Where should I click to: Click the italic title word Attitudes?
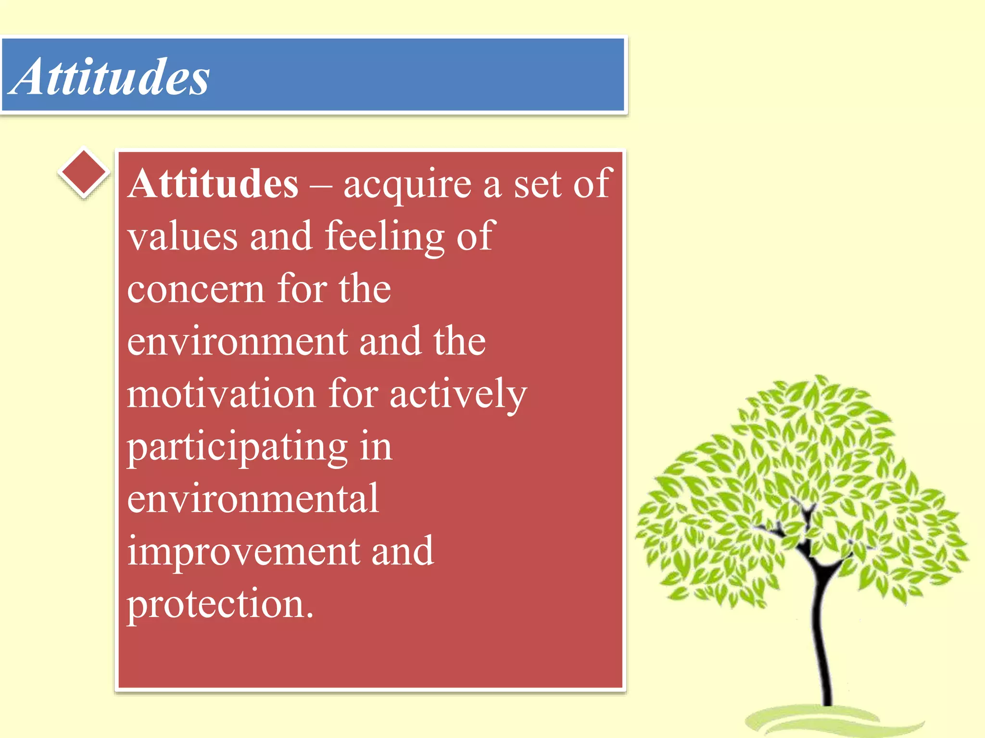click(110, 77)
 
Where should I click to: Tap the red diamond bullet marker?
click(84, 172)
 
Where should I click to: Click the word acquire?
click(407, 185)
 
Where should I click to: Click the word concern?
click(196, 289)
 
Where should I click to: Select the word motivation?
click(221, 394)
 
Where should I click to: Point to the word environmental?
click(253, 499)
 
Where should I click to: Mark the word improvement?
click(243, 552)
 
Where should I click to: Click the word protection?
click(215, 604)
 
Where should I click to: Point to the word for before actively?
click(353, 394)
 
